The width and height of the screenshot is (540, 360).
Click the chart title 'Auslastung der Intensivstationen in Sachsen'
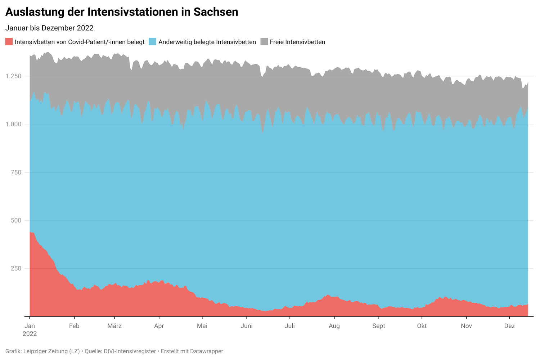[x=122, y=12]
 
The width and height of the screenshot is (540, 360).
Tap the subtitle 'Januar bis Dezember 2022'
[x=49, y=28]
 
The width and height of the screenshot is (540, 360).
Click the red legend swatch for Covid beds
[x=9, y=42]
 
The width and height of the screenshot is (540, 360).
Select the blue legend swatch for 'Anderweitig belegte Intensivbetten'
[x=152, y=42]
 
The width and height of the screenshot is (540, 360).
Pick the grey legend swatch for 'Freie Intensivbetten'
[x=264, y=42]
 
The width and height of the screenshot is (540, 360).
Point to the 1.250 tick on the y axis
[x=13, y=76]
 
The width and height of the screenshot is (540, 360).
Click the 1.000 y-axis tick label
[x=13, y=124]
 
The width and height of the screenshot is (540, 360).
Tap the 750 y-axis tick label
[x=16, y=172]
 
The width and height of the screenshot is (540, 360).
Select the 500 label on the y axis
[x=16, y=220]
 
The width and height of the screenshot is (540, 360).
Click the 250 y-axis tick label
[x=16, y=268]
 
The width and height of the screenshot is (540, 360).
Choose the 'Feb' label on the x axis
[x=74, y=326]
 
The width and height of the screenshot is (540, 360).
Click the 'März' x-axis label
[x=114, y=326]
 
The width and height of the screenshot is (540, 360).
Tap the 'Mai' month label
[x=202, y=326]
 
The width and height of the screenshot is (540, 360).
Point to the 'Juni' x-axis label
[x=247, y=326]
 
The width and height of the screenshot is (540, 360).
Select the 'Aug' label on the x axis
[x=334, y=326]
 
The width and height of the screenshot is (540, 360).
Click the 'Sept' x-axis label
[x=379, y=326]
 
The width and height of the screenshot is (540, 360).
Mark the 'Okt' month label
[x=422, y=326]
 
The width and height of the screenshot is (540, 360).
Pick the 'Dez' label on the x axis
[x=509, y=326]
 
